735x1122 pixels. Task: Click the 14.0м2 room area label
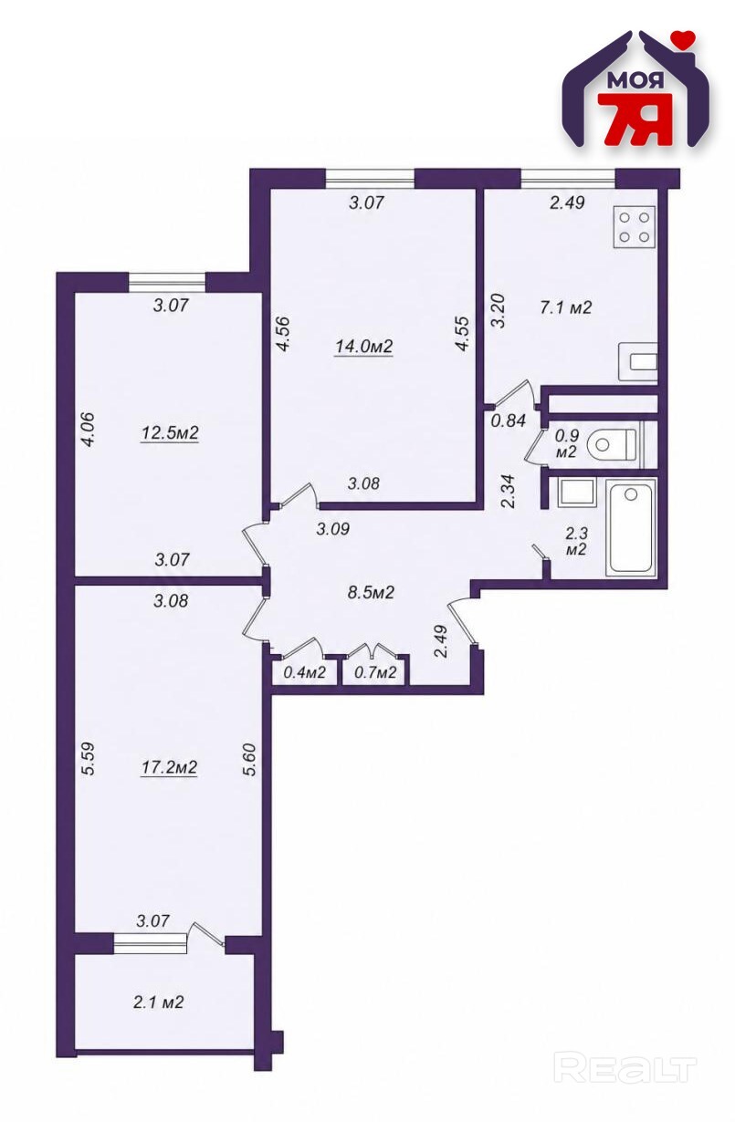tap(363, 347)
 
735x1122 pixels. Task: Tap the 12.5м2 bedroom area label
tap(170, 432)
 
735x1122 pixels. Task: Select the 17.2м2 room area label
tap(169, 767)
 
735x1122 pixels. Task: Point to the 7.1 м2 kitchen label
tap(565, 306)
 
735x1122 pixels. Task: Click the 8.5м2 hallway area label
tap(371, 593)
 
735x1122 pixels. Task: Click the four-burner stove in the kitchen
tap(634, 226)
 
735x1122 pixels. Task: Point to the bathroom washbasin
tap(576, 493)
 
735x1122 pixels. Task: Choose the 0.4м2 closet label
tap(304, 672)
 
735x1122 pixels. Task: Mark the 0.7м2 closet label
tap(375, 672)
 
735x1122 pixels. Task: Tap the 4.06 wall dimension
tap(88, 429)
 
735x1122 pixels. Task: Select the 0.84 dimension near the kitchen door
tap(509, 421)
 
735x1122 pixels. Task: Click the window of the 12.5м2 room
tap(167, 282)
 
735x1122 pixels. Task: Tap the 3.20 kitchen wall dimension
tap(499, 311)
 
